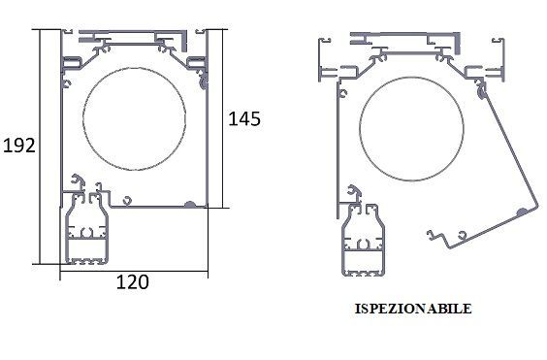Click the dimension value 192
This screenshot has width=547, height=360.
pos(19,146)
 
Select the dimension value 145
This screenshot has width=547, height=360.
pos(244,118)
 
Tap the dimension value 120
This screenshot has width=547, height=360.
pos(132,282)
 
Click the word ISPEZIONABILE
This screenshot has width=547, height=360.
pos(413,309)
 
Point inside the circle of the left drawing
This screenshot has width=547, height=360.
pos(134,119)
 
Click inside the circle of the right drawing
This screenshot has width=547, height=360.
pos(411,129)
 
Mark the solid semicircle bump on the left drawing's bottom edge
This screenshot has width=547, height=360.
pos(190,205)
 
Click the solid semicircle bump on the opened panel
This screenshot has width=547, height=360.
pos(522,212)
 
